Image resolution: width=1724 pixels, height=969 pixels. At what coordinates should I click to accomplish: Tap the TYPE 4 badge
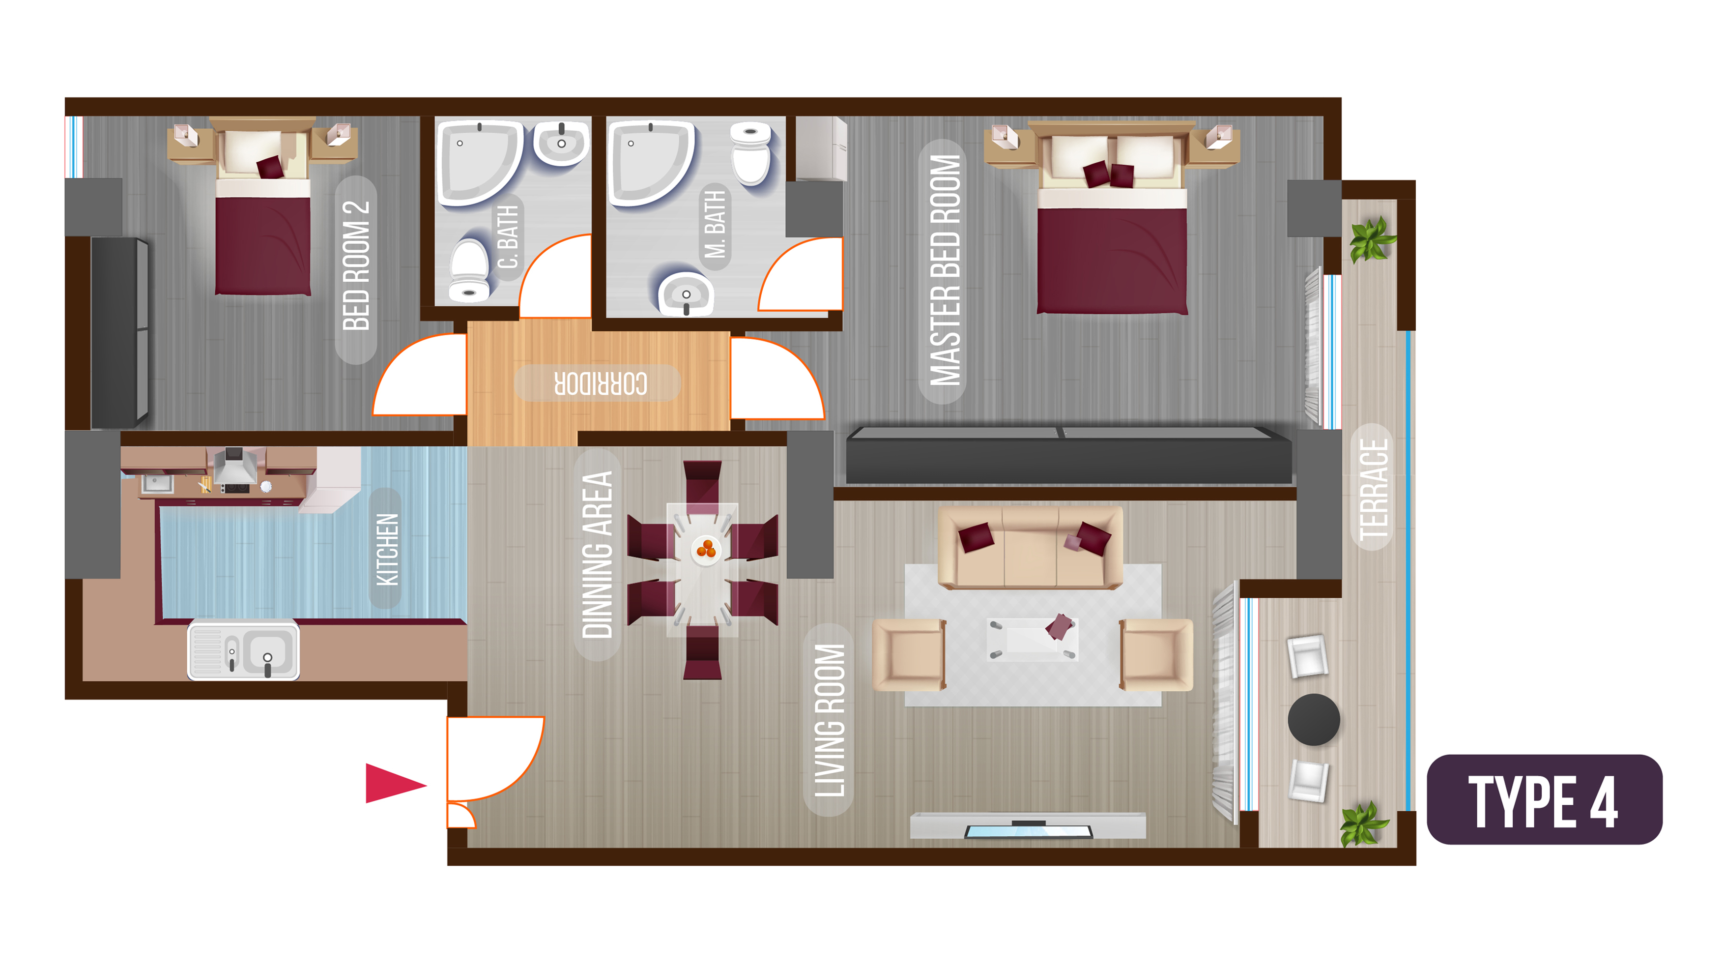pos(1544,799)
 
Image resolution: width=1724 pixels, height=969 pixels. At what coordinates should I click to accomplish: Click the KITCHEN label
pos(386,549)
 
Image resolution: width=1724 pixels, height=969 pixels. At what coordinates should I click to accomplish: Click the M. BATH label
pos(715,224)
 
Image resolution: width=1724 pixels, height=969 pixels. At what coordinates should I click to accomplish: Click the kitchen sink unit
pos(244,649)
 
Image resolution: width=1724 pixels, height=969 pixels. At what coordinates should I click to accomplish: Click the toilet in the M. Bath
pos(751,153)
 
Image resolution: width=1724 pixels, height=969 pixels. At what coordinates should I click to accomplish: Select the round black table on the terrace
pos(1314,719)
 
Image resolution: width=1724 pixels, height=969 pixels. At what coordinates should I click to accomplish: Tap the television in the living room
pos(1028,830)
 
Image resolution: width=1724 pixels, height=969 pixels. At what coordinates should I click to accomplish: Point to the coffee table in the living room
pos(1033,639)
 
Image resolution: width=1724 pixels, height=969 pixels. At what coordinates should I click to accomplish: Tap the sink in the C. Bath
pos(561,143)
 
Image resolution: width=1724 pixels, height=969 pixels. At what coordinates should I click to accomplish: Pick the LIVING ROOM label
pos(829,720)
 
